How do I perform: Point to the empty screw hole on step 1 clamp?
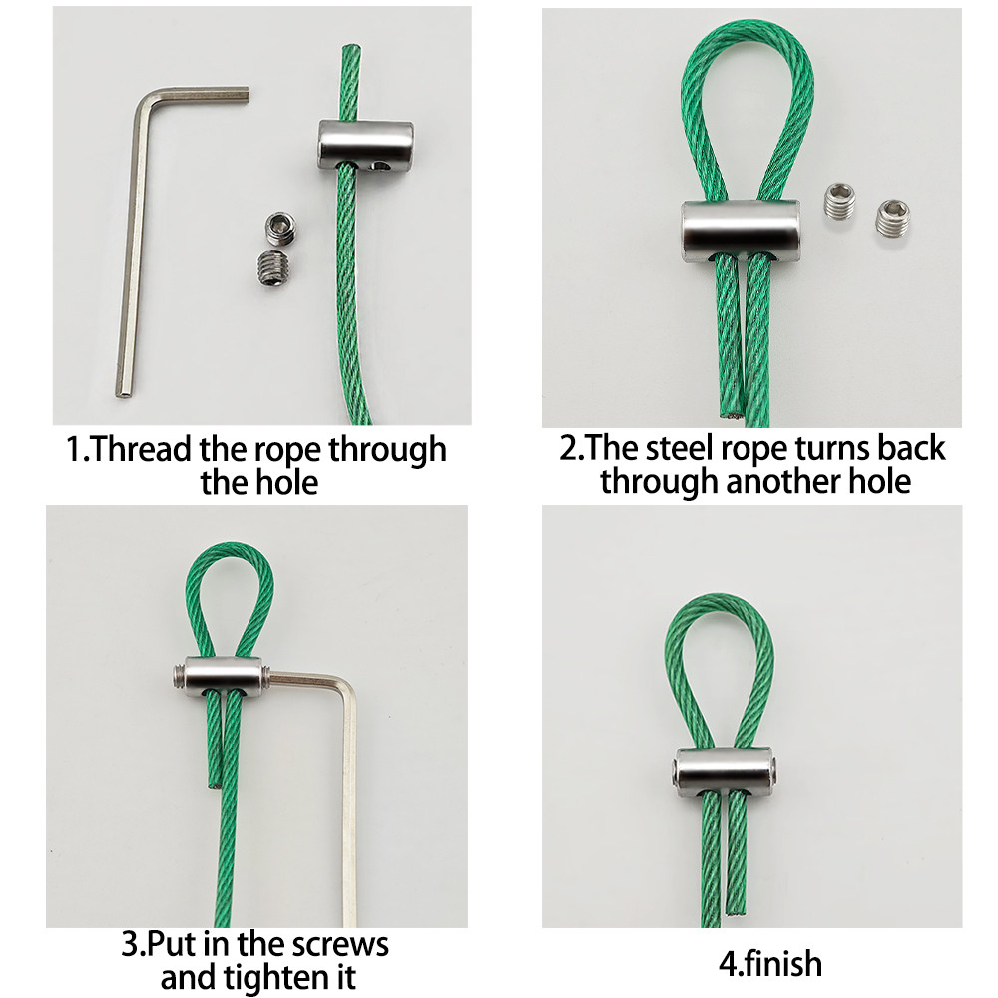point(381,166)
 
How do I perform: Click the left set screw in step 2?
point(840,201)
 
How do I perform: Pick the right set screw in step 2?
point(892,217)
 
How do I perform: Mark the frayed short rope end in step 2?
point(731,414)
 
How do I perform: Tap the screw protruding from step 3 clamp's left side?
point(179,676)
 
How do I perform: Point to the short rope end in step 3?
point(215,784)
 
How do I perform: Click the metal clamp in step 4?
point(724,768)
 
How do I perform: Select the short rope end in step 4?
point(737,913)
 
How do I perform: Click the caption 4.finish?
point(770,964)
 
